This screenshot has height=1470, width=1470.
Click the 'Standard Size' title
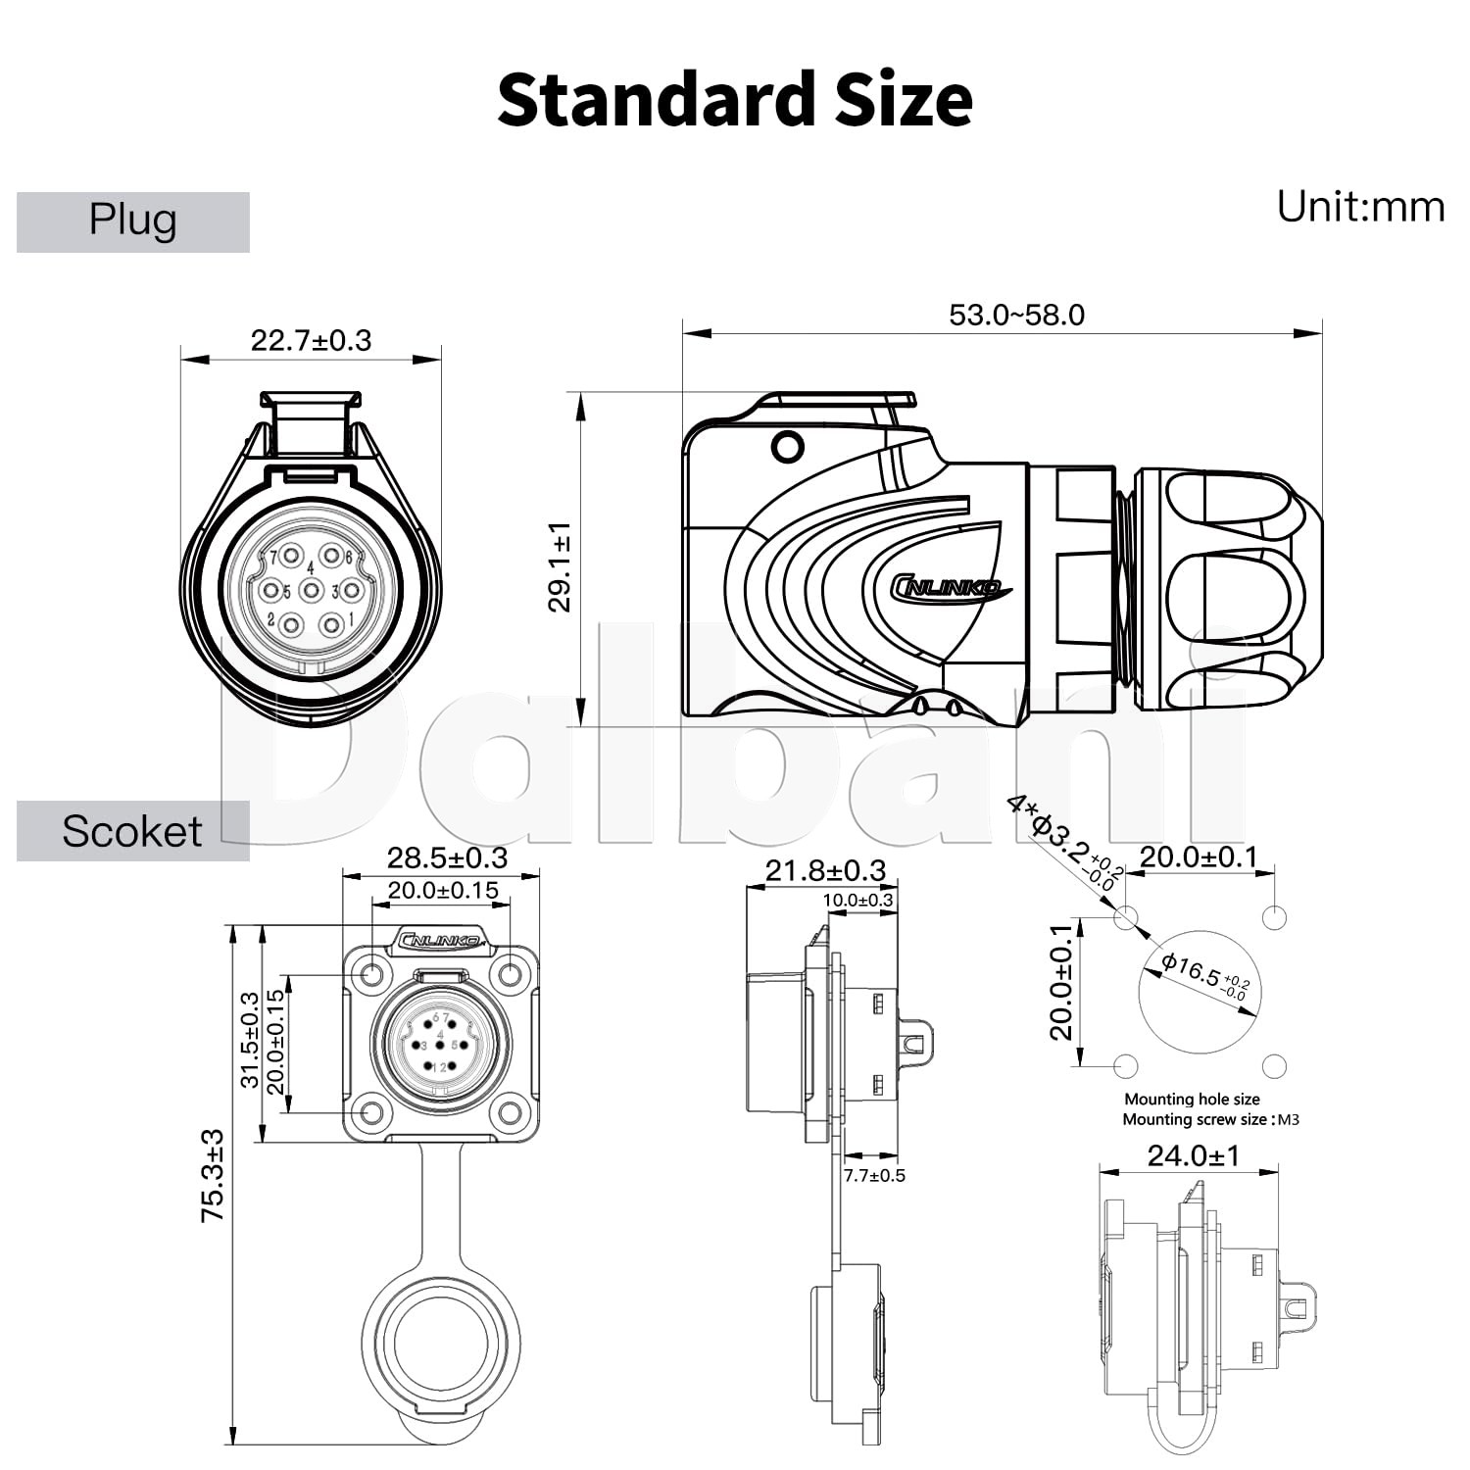tap(735, 100)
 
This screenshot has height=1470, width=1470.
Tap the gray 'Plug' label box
tap(133, 222)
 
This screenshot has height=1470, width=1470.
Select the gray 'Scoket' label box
tap(133, 831)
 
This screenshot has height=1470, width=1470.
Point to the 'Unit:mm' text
tap(1360, 207)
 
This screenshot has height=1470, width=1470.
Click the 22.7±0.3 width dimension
tap(312, 340)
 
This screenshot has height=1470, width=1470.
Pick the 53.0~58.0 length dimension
tap(1017, 315)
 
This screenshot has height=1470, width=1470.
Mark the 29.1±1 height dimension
tap(560, 567)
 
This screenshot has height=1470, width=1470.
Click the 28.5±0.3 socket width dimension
tap(447, 857)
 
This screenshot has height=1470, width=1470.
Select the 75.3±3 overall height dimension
tap(213, 1176)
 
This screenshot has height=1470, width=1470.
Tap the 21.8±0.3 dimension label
tap(825, 870)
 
